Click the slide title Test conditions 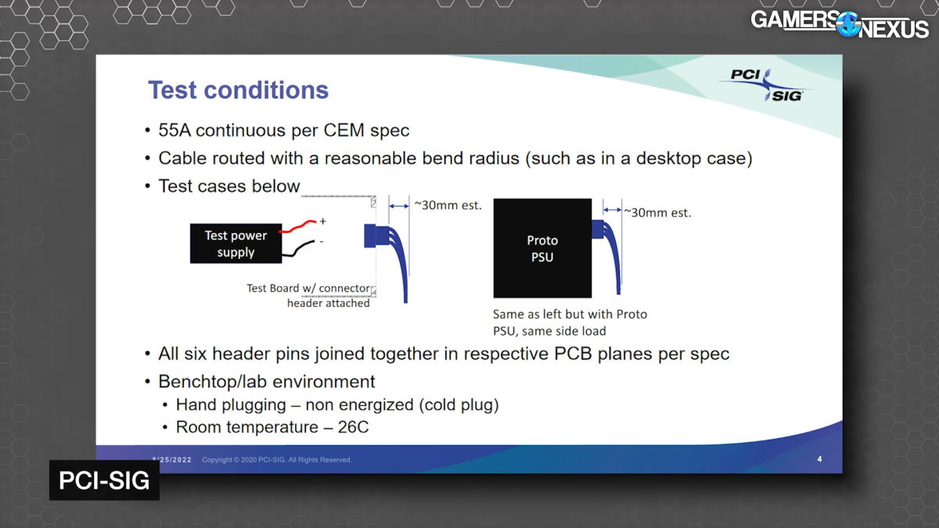(238, 90)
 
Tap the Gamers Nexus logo (839, 25)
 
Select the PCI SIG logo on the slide (766, 85)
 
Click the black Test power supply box (236, 243)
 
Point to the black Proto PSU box (542, 248)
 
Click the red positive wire (297, 226)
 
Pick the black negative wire (298, 248)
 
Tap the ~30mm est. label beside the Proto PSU (657, 213)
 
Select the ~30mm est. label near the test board (448, 205)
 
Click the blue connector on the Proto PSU (597, 229)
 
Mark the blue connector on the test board (370, 236)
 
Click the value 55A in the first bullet (174, 131)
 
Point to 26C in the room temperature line (353, 427)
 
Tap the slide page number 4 (819, 459)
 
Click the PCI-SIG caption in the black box (104, 480)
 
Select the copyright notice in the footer (277, 460)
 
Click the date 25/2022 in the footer (174, 460)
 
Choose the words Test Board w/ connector (308, 289)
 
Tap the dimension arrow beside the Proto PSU (613, 210)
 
